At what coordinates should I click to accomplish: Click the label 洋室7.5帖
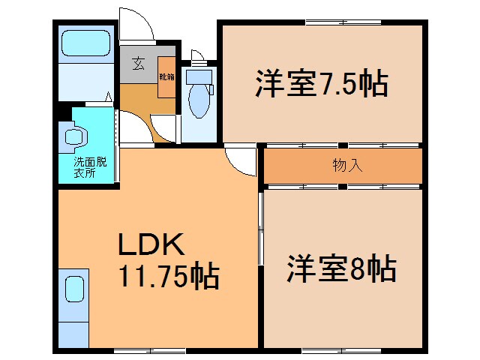[321, 82]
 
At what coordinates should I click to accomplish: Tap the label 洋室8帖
[341, 268]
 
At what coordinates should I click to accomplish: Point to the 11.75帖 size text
[166, 277]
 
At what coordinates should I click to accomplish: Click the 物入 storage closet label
[347, 166]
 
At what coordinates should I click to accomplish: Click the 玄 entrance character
[139, 64]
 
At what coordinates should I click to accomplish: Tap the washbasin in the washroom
[75, 136]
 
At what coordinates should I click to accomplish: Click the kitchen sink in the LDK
[74, 288]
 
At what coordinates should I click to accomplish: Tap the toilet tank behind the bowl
[199, 76]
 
